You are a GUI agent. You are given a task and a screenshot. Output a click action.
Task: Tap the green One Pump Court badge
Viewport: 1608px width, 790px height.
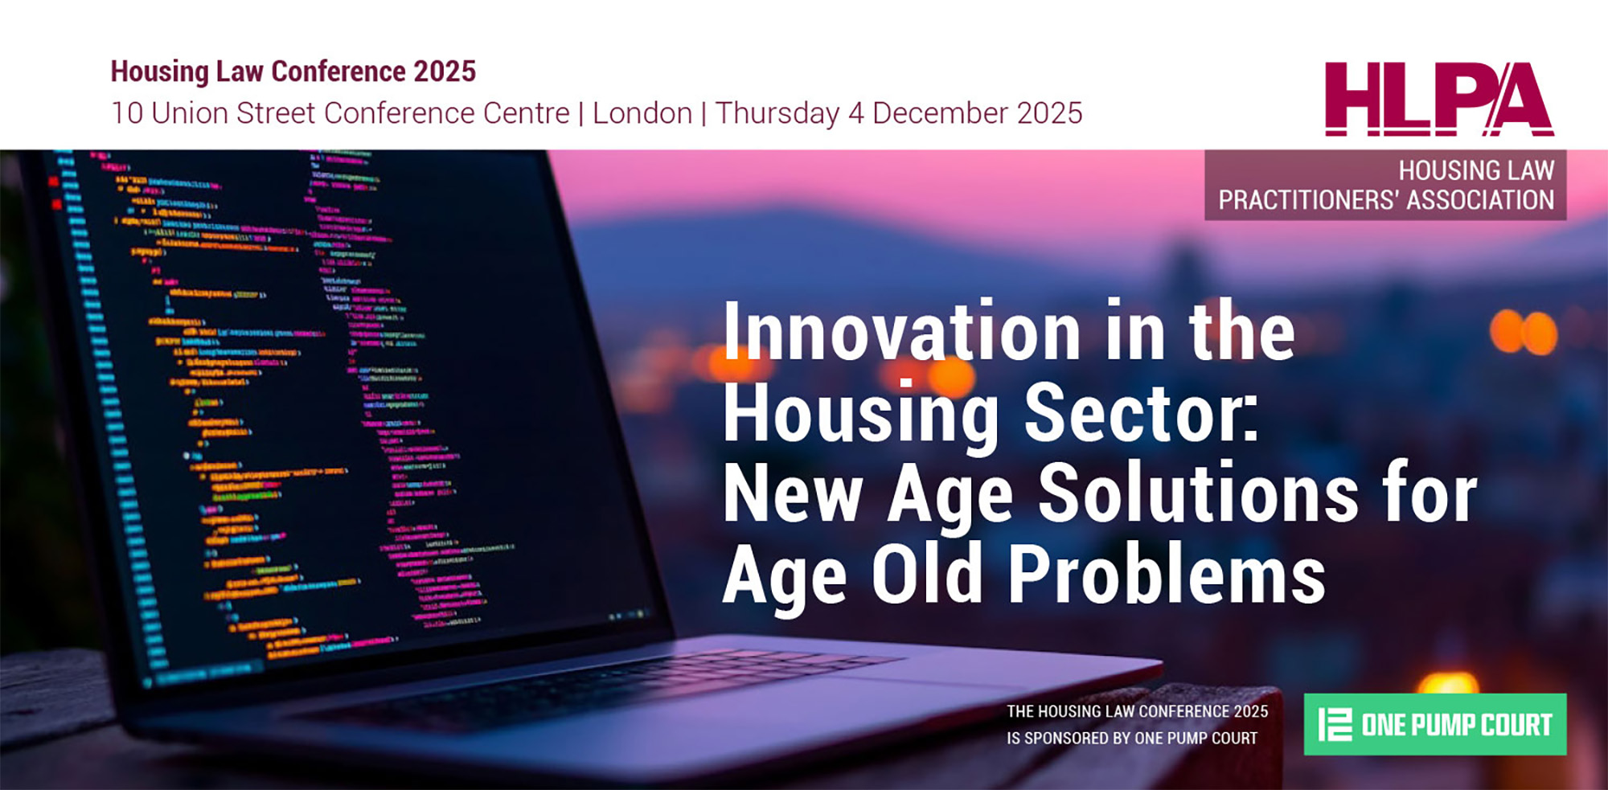coord(1434,724)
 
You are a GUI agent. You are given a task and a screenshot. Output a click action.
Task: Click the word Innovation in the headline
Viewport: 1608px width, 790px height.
coord(901,333)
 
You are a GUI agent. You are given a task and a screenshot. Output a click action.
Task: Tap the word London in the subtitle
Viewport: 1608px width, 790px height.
coord(642,113)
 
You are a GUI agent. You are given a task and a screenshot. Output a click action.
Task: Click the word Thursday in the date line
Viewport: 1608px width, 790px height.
coord(777,113)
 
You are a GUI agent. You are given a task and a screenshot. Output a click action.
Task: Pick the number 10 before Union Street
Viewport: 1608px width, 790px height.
coord(127,113)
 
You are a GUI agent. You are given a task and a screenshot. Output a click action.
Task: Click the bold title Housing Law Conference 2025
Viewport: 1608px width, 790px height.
coord(293,72)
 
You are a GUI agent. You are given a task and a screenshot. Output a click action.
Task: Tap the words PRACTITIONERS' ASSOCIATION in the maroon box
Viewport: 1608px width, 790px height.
coord(1385,200)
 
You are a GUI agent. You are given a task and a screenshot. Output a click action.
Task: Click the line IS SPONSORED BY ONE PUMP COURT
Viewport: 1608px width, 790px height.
coord(1131,738)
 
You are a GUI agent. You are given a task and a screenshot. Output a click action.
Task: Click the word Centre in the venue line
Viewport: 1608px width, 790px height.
coord(526,113)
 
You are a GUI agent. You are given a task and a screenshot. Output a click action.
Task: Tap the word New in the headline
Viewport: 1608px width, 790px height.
coord(793,493)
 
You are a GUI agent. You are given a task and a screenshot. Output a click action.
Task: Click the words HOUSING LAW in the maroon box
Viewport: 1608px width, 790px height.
coord(1476,170)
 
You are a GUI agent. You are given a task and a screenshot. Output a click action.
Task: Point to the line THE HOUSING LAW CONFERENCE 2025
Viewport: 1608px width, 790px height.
coord(1137,711)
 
